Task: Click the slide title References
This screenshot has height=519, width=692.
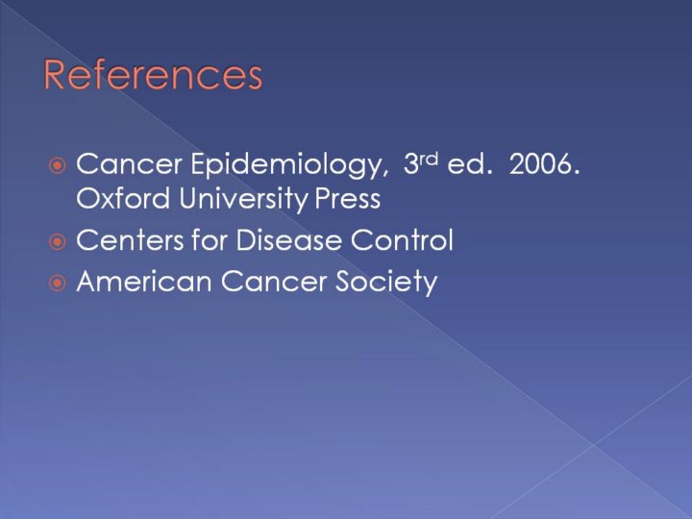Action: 153,75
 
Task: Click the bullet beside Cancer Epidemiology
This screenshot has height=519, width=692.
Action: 58,166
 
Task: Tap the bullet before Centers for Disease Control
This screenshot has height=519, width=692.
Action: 58,242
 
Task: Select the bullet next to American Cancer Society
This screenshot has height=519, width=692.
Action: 58,283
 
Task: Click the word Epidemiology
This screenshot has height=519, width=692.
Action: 289,166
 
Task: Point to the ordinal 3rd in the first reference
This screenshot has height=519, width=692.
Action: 421,163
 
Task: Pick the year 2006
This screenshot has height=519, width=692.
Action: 544,164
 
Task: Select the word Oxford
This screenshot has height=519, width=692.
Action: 123,198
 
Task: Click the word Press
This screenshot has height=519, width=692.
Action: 347,199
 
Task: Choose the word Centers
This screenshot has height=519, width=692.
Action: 130,240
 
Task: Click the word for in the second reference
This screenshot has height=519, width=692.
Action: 210,239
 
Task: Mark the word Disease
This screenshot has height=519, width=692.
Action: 288,240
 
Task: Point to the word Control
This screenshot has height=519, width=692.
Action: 402,240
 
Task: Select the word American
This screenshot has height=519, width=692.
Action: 144,281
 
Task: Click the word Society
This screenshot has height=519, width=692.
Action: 385,283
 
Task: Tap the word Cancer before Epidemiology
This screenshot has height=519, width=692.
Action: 129,164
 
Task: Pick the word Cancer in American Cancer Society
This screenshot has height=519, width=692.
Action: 273,282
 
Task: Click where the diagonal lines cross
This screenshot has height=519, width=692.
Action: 594,444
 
